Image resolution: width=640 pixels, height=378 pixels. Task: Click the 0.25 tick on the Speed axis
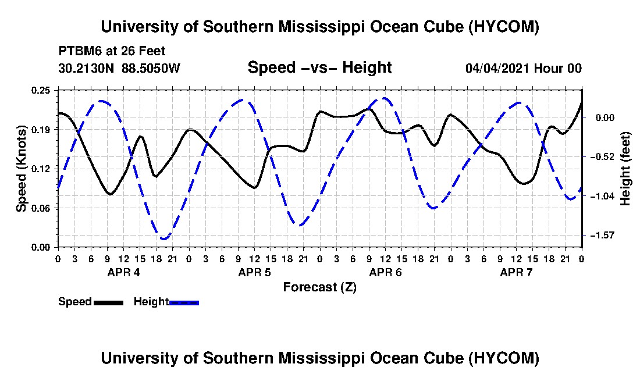click(41, 90)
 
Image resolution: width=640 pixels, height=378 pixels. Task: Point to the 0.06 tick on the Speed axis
click(41, 208)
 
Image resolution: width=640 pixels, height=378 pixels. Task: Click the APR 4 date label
click(124, 272)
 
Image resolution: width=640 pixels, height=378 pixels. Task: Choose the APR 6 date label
click(385, 272)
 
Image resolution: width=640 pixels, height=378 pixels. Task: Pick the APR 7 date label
click(516, 272)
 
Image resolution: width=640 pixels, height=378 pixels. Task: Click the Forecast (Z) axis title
click(320, 287)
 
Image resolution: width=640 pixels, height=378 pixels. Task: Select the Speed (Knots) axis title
click(21, 169)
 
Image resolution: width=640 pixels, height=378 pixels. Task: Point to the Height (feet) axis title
click(625, 169)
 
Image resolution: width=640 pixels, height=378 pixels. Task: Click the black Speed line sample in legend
click(108, 302)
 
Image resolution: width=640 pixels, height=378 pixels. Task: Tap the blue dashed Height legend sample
click(184, 302)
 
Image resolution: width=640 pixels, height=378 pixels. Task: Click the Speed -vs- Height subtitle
click(320, 67)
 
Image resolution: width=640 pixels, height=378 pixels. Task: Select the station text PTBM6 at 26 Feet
click(112, 51)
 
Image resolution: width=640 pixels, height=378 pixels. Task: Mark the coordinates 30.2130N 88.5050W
click(119, 68)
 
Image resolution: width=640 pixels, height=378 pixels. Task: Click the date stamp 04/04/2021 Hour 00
click(524, 68)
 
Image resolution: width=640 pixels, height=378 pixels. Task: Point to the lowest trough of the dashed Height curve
click(164, 238)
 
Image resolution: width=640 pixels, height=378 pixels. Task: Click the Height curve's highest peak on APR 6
click(383, 98)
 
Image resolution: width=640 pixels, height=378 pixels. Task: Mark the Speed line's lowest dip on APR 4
click(110, 194)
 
